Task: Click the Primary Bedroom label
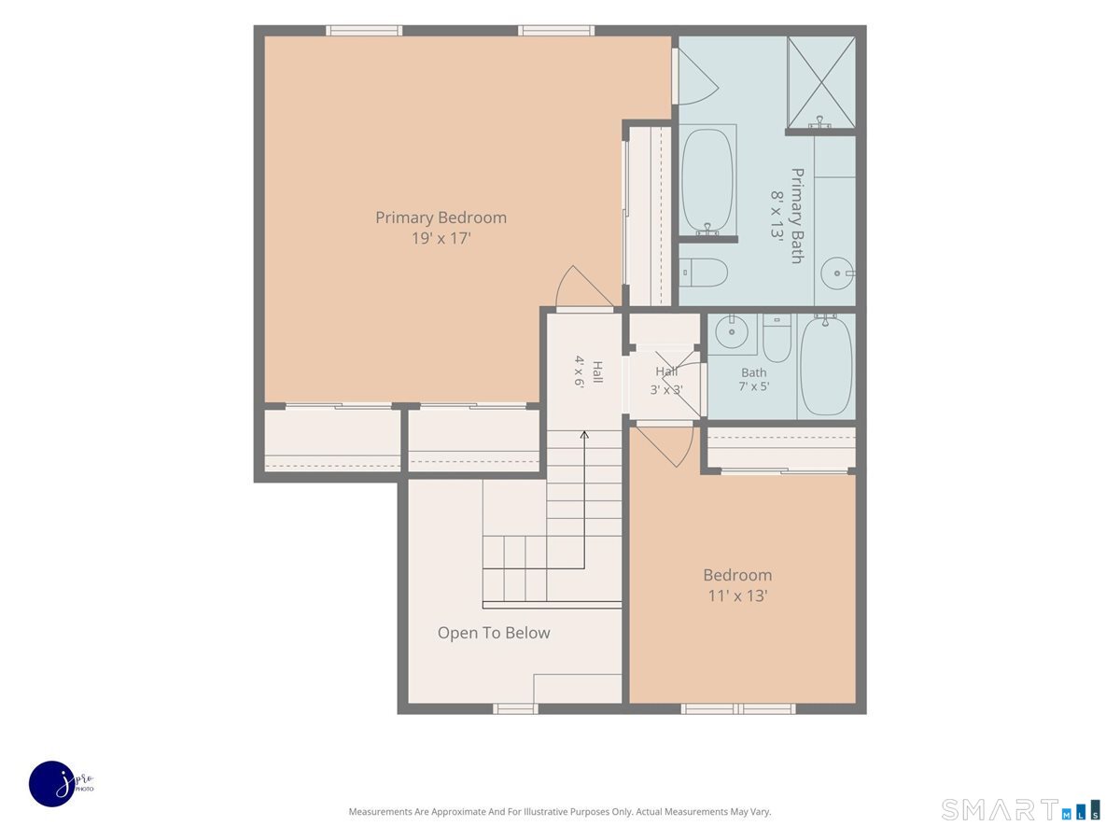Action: point(441,217)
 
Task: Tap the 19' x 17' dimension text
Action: point(441,238)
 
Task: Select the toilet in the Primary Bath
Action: point(703,273)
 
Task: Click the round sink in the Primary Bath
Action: point(837,273)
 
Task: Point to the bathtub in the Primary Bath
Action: point(707,181)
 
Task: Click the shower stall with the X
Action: point(821,82)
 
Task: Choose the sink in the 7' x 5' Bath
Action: point(732,331)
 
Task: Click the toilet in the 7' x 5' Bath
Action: point(777,338)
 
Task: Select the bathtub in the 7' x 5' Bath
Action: point(826,365)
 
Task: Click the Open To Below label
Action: point(494,633)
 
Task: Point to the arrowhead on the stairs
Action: point(584,435)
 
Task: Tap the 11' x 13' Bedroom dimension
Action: point(738,595)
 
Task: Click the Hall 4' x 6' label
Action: point(588,371)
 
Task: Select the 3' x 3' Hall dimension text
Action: point(666,390)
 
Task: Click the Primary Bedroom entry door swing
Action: point(584,286)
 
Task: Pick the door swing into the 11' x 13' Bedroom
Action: point(665,446)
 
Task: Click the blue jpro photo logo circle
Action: point(52,783)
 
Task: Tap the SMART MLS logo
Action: point(1020,809)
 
